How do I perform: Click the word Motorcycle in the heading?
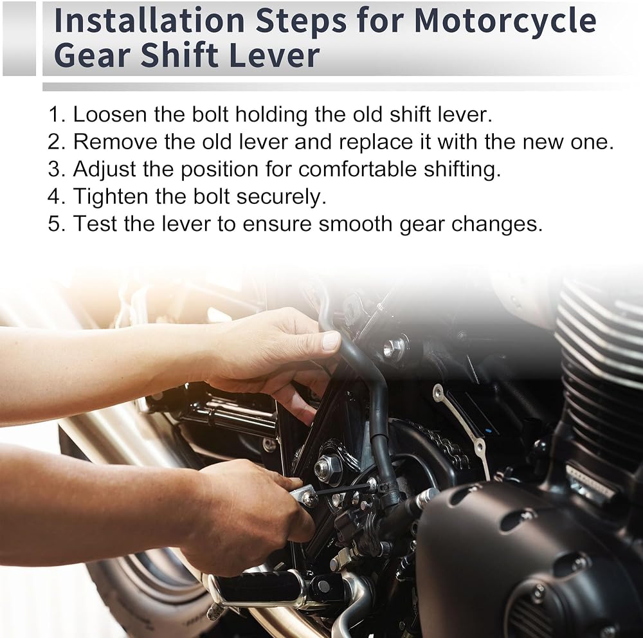[x=505, y=21]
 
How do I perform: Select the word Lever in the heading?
[x=274, y=55]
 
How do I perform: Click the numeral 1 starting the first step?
[x=55, y=114]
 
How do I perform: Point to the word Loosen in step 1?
[x=110, y=114]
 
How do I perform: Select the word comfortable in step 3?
[x=357, y=169]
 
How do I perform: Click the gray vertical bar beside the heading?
[x=19, y=39]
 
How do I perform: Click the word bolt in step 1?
[x=210, y=114]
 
